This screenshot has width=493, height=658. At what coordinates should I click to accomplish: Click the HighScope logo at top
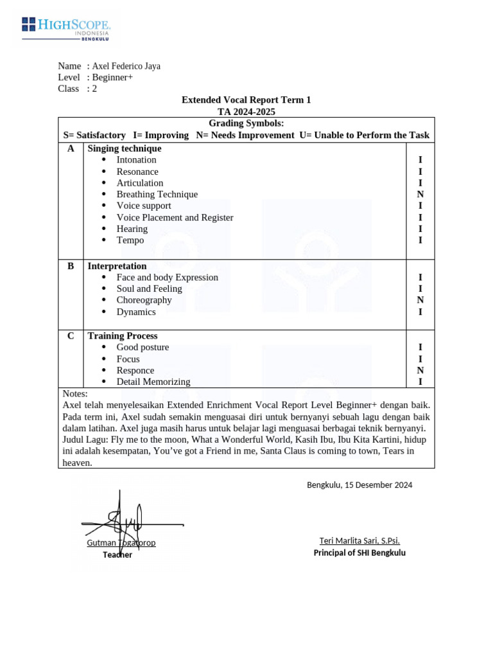[x=66, y=29]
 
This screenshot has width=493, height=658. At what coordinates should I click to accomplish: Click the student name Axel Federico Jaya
[x=126, y=66]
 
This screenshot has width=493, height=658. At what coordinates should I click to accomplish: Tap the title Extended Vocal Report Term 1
[x=246, y=100]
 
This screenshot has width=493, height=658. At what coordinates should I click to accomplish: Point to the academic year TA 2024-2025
[x=246, y=112]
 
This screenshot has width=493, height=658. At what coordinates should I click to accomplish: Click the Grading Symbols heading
[x=246, y=123]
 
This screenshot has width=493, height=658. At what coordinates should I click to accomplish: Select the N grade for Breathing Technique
[x=420, y=194]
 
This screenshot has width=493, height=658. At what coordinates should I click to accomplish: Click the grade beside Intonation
[x=420, y=159]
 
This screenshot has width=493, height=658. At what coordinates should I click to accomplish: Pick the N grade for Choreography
[x=420, y=300]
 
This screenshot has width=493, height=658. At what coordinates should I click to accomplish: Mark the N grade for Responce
[x=420, y=370]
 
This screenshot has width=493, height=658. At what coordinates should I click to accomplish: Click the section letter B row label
[x=71, y=266]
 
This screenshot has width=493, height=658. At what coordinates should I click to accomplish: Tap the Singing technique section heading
[x=125, y=148]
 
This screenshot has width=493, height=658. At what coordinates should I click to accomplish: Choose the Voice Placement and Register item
[x=175, y=217]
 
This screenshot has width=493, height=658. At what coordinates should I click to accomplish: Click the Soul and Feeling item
[x=149, y=289]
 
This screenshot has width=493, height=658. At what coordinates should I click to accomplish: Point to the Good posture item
[x=143, y=347]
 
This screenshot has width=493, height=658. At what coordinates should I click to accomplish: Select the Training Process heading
[x=122, y=335]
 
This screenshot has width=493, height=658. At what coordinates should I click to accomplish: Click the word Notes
[x=75, y=393]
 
